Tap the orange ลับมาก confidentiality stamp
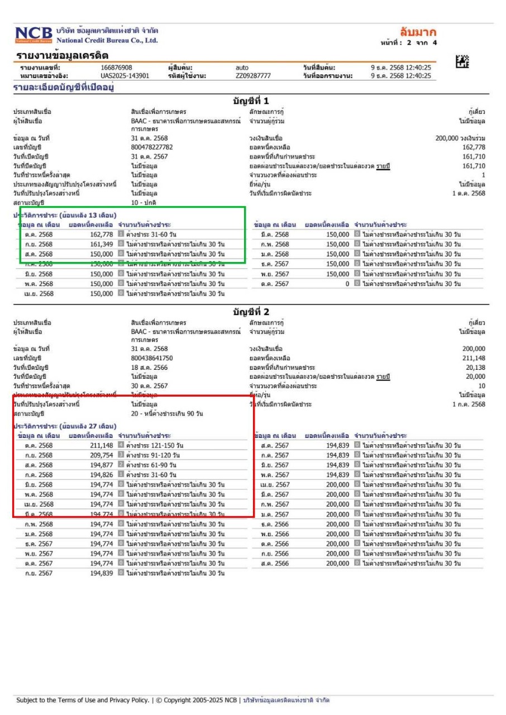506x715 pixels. pyautogui.click(x=418, y=32)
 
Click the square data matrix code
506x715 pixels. pyautogui.click(x=462, y=63)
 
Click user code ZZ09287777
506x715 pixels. pyautogui.click(x=253, y=76)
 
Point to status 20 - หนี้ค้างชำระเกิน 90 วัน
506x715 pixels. pyautogui.click(x=167, y=413)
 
